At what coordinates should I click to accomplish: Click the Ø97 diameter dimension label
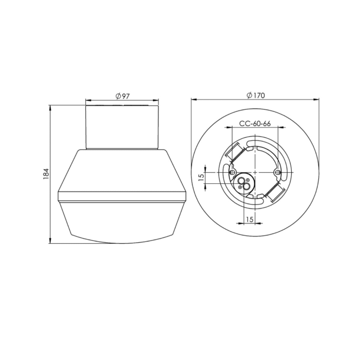click(x=123, y=96)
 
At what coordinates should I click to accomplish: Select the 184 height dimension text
click(x=46, y=174)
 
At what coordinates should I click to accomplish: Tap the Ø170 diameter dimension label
click(x=256, y=95)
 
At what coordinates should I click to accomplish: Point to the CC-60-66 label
click(x=255, y=124)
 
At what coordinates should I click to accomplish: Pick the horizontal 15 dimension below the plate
click(x=249, y=219)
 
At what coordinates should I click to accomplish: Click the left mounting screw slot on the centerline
click(x=232, y=172)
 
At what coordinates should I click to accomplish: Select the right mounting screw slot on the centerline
click(x=277, y=172)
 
